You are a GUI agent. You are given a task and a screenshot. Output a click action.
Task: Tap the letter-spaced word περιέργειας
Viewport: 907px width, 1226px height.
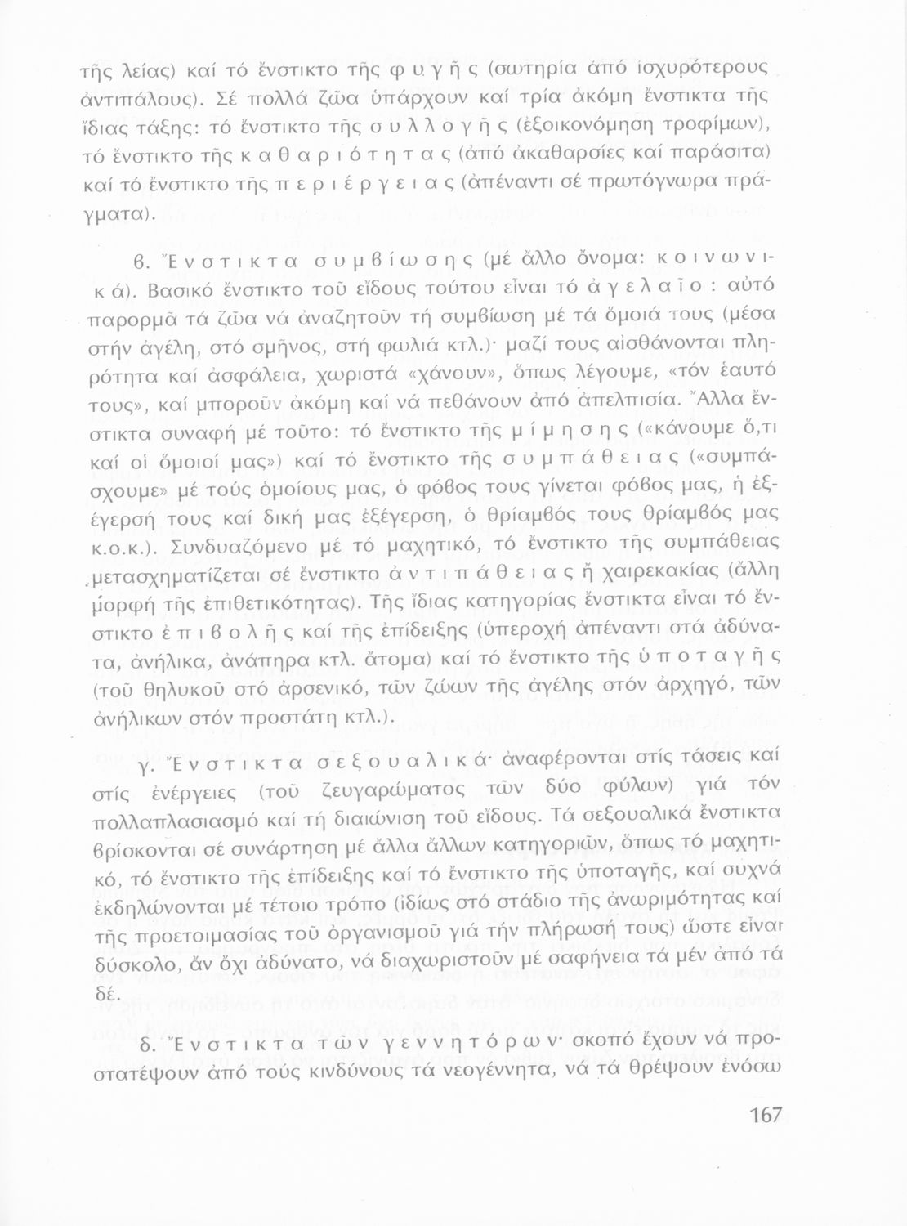pos(397,181)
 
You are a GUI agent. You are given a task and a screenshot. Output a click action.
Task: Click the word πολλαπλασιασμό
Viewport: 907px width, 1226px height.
pos(173,817)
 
